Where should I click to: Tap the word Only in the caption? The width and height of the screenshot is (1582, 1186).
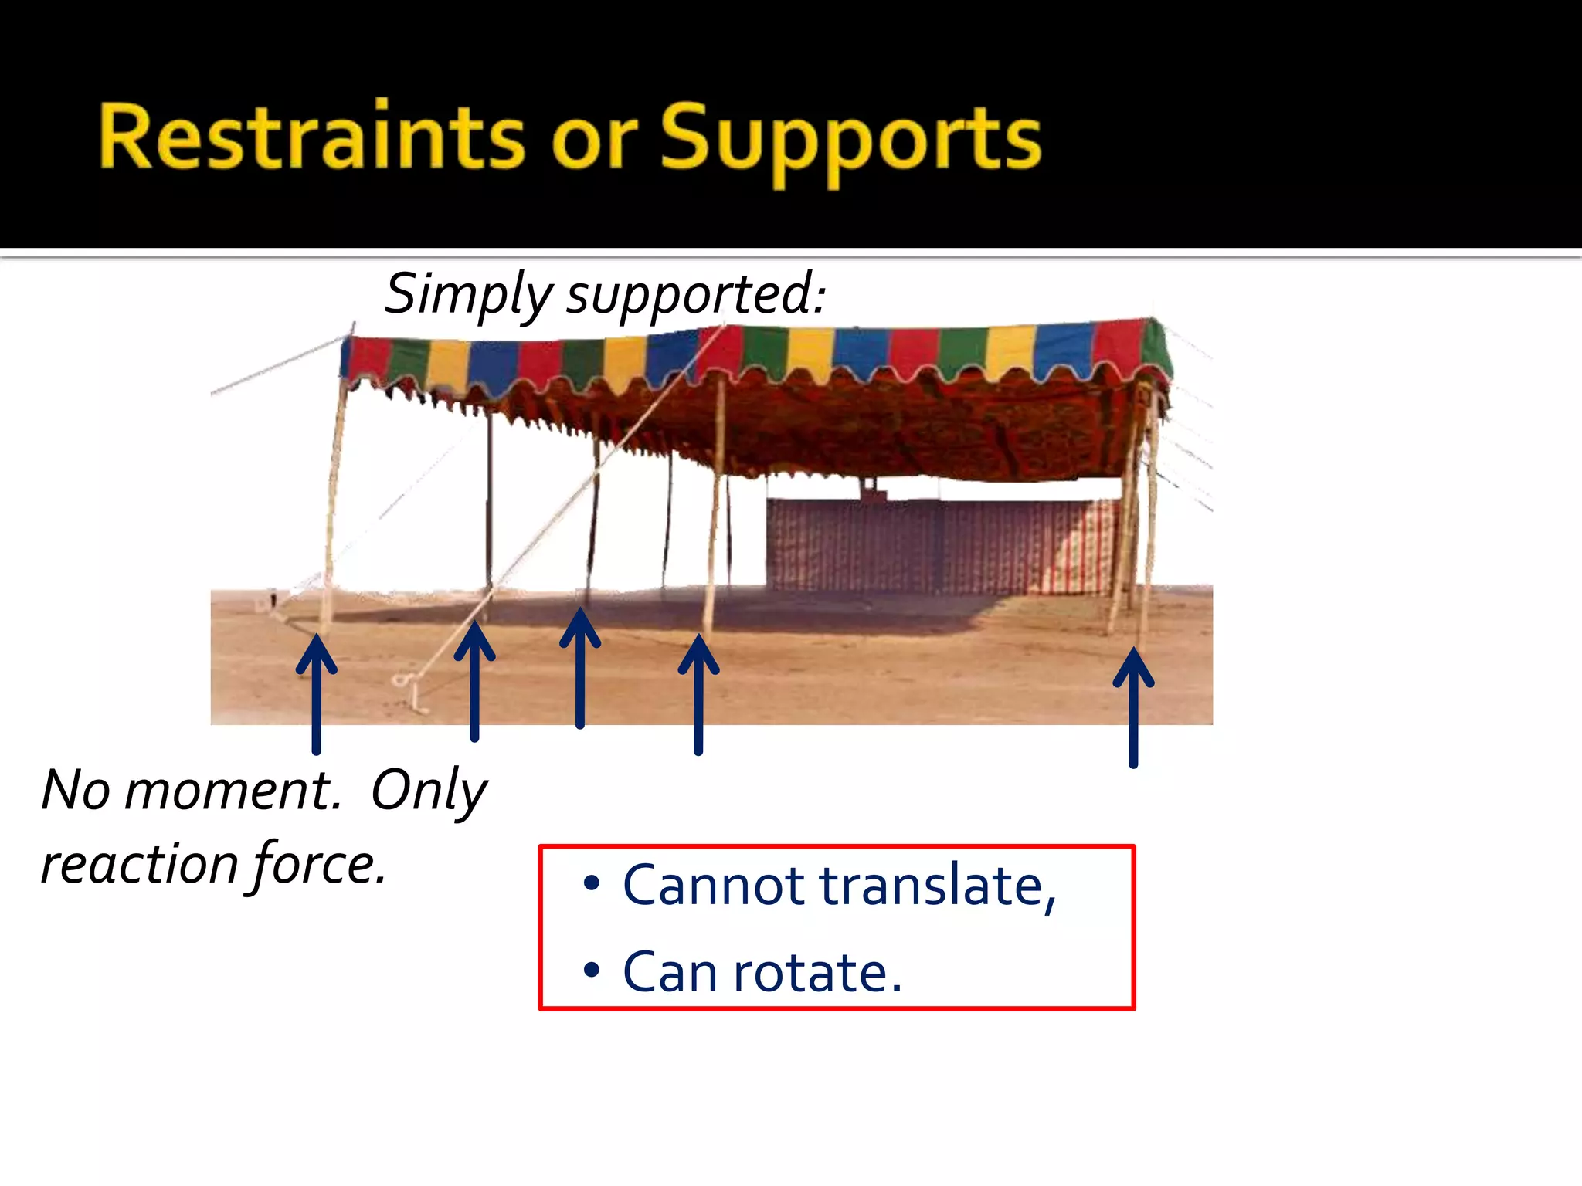click(x=429, y=791)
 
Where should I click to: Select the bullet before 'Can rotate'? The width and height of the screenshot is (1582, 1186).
click(x=592, y=970)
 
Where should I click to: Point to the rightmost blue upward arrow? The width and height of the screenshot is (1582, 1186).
click(x=1133, y=707)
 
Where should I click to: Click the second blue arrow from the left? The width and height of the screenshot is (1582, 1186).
click(x=474, y=680)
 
